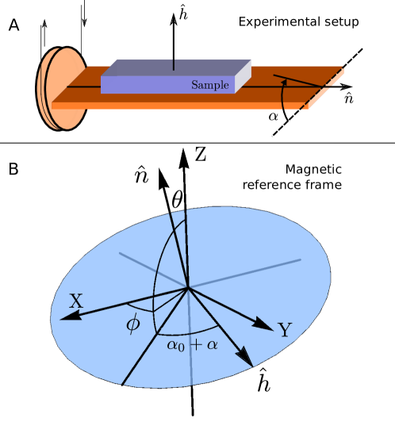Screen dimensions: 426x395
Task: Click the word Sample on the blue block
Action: tap(210, 85)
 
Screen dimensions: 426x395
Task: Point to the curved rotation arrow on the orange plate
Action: tap(283, 94)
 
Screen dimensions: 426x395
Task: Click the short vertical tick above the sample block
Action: tap(174, 64)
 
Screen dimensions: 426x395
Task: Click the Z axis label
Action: tap(200, 155)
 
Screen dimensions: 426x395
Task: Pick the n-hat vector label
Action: tap(141, 175)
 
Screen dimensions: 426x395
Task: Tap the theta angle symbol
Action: tap(177, 201)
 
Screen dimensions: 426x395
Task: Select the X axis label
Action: tap(76, 301)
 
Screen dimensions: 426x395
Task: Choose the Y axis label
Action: tap(285, 331)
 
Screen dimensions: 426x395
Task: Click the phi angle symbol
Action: tap(133, 324)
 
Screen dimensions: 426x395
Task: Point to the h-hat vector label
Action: tap(264, 382)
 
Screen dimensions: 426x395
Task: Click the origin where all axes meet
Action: tap(188, 288)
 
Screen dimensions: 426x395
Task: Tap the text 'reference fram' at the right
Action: tap(288, 186)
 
